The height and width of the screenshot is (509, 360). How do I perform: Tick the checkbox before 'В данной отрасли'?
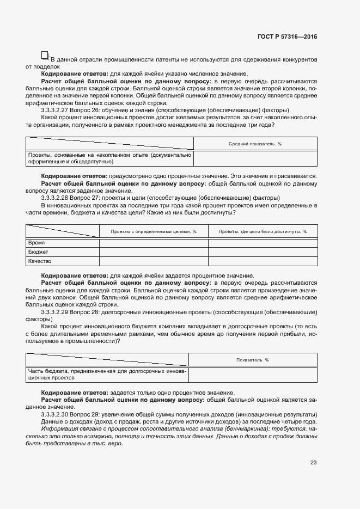click(45, 55)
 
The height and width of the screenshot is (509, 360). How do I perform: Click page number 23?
click(314, 463)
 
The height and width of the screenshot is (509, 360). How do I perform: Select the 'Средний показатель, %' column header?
click(255, 144)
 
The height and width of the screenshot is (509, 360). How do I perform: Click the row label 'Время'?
click(36, 243)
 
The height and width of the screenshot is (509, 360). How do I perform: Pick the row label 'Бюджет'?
click(38, 252)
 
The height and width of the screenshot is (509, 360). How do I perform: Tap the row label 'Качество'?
click(40, 261)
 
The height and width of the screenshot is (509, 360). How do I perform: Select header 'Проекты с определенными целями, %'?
click(154, 231)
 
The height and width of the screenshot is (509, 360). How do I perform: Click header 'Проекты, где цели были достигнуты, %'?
click(263, 231)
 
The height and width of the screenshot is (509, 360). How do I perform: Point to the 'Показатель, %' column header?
click(253, 360)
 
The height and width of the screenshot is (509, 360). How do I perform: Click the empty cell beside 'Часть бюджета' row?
click(253, 375)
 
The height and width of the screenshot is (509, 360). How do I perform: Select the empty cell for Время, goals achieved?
click(263, 243)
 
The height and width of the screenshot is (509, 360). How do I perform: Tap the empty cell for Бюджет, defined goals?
click(154, 252)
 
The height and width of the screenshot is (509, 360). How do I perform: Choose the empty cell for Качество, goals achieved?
click(263, 261)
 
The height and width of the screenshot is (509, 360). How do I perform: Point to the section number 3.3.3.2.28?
click(57, 198)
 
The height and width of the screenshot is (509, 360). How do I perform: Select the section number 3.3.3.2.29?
click(57, 312)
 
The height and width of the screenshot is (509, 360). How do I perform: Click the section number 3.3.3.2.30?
click(57, 415)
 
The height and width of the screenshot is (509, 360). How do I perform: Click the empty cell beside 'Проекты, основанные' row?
click(255, 158)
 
